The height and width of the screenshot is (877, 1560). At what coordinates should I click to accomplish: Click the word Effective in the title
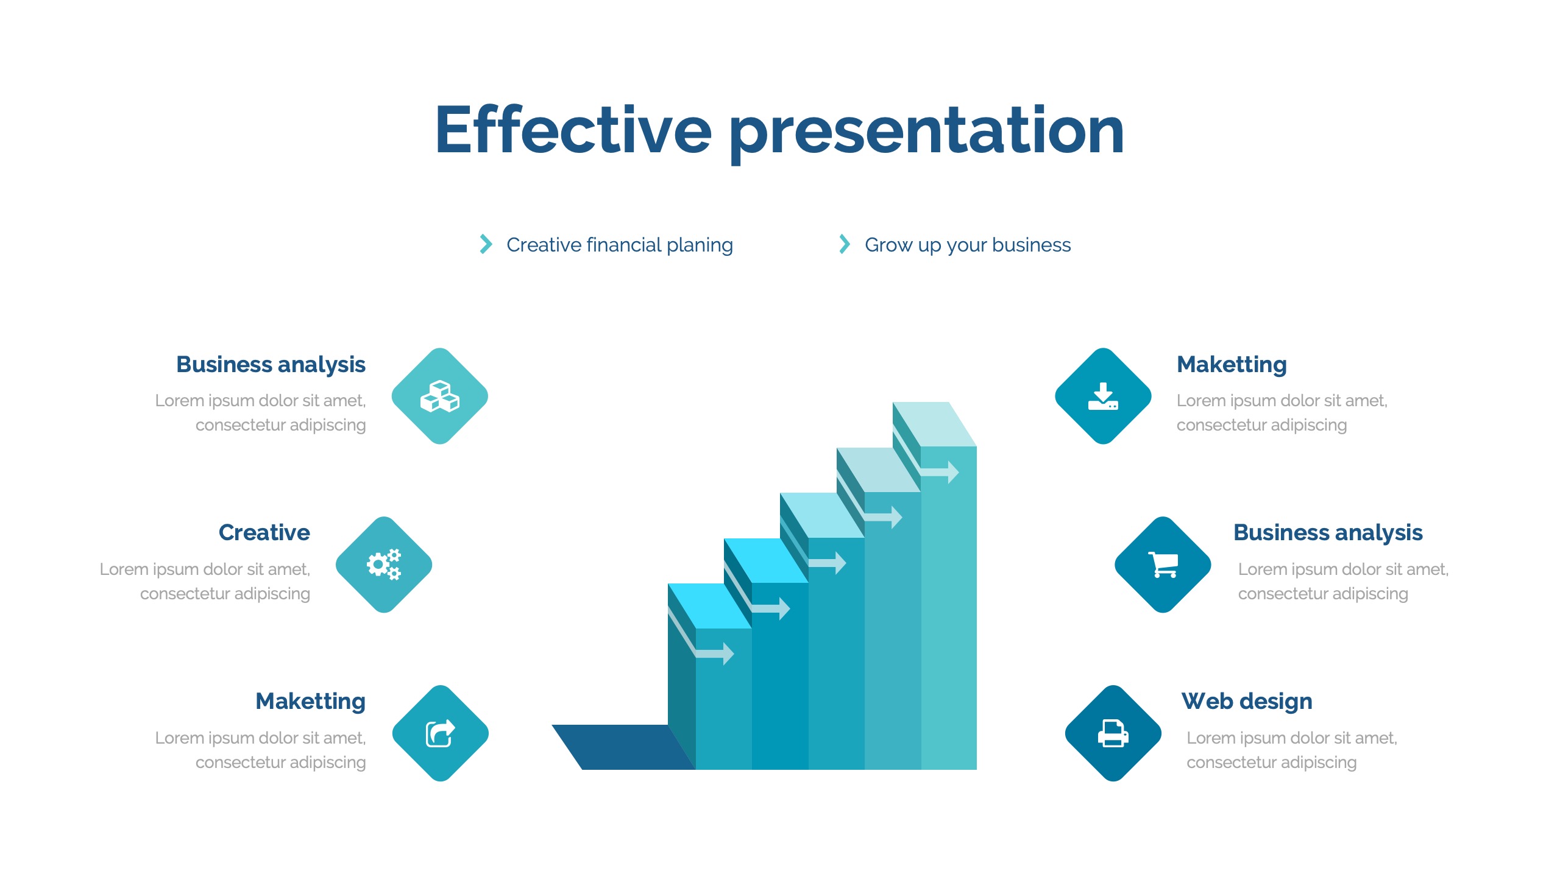[x=573, y=129]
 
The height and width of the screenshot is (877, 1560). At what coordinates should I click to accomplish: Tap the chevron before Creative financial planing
[x=486, y=244]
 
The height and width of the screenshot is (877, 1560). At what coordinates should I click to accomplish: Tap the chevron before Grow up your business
[x=844, y=244]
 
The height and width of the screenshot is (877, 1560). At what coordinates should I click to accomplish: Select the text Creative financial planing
[x=620, y=245]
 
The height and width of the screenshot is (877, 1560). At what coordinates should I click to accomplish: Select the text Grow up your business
[x=968, y=245]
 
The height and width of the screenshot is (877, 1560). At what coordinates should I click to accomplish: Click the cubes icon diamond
[x=440, y=396]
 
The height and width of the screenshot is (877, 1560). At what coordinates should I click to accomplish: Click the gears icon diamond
[x=384, y=565]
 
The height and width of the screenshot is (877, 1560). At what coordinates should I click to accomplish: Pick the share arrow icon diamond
[x=440, y=733]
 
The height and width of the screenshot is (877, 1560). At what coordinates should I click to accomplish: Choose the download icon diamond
[x=1103, y=396]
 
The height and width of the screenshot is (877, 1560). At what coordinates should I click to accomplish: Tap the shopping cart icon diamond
[x=1163, y=565]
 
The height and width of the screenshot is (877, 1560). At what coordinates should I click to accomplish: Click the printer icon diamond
[x=1113, y=733]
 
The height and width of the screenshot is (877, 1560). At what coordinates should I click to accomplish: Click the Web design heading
[x=1247, y=701]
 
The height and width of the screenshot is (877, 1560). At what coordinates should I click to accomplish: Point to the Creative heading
[x=264, y=532]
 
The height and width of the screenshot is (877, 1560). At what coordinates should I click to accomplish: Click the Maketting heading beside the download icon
[x=1232, y=364]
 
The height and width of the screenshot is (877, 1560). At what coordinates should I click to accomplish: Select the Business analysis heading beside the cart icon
[x=1328, y=533]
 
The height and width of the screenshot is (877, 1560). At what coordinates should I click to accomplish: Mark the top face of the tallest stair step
[x=935, y=424]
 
